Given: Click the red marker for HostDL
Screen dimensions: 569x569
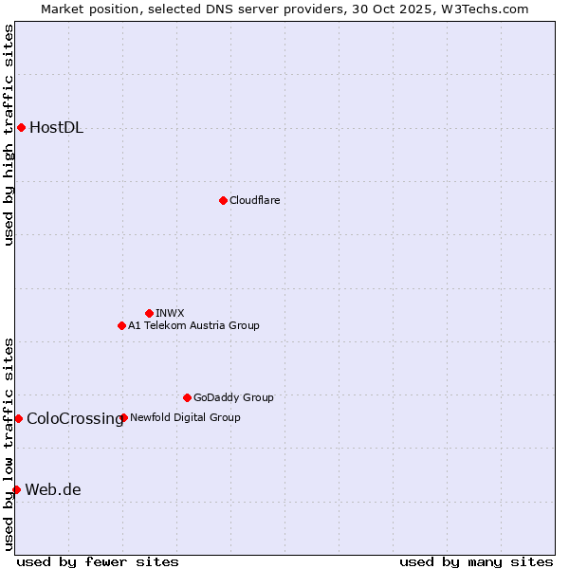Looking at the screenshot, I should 21,127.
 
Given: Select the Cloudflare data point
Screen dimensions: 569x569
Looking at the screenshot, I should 223,200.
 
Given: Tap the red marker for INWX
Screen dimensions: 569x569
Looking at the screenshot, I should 149,313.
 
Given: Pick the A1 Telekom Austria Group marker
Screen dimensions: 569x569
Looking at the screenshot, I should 121,325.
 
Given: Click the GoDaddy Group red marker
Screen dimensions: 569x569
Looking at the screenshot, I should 187,397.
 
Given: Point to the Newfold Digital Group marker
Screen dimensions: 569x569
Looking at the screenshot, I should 124,417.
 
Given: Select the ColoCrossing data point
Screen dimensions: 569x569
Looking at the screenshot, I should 18,418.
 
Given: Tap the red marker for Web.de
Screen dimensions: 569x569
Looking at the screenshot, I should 16,489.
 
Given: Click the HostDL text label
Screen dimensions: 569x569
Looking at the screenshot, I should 56,128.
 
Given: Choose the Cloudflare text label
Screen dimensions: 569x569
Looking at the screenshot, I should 254,200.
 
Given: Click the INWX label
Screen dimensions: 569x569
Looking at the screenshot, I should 170,313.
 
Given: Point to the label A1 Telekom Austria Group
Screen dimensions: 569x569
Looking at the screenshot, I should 193,325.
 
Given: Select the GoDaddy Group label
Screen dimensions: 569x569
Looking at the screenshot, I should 233,397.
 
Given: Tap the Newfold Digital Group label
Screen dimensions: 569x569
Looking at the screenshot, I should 185,417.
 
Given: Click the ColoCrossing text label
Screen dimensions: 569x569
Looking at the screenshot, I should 75,418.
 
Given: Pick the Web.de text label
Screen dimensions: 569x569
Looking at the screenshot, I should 53,490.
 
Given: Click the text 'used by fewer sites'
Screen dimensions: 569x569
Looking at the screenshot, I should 98,561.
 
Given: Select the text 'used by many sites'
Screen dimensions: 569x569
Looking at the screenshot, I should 476,561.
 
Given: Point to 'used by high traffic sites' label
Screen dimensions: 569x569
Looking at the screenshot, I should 9,135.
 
